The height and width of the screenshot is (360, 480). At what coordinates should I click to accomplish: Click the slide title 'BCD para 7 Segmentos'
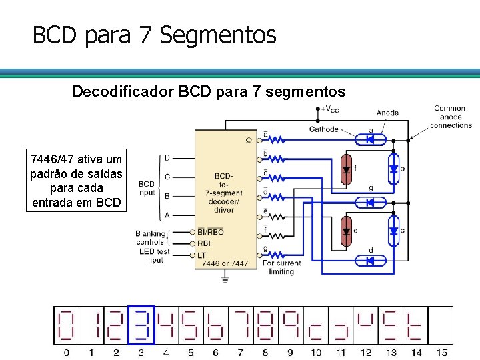pos(154,35)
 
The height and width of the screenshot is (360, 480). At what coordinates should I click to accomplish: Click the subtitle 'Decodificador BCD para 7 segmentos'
pos(209,91)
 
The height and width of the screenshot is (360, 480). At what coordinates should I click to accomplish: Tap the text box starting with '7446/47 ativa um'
pos(76,181)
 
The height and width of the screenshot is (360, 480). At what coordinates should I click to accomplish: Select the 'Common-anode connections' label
pos(451,117)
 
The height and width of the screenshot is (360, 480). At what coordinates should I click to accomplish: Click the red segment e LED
pos(346,231)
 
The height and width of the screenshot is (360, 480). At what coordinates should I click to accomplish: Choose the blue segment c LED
pos(393,231)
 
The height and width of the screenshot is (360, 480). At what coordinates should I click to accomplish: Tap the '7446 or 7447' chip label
pos(225,263)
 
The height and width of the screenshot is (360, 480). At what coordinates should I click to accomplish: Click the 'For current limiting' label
pos(281,267)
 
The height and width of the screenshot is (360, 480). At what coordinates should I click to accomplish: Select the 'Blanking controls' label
pos(150,238)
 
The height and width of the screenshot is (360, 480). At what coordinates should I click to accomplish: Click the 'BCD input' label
pos(147,188)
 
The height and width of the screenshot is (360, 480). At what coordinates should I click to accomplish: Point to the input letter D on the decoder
pos(167,158)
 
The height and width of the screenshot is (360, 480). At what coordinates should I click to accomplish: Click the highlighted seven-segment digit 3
pos(141,325)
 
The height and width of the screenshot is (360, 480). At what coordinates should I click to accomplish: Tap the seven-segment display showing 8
pos(266,325)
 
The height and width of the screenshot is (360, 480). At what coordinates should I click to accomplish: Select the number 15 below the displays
pos(441,353)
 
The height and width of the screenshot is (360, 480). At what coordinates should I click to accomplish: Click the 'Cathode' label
pos(323,129)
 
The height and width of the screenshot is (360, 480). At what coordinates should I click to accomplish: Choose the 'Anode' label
pos(387,113)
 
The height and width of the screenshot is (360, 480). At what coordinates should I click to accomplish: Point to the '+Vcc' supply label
pos(330,109)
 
